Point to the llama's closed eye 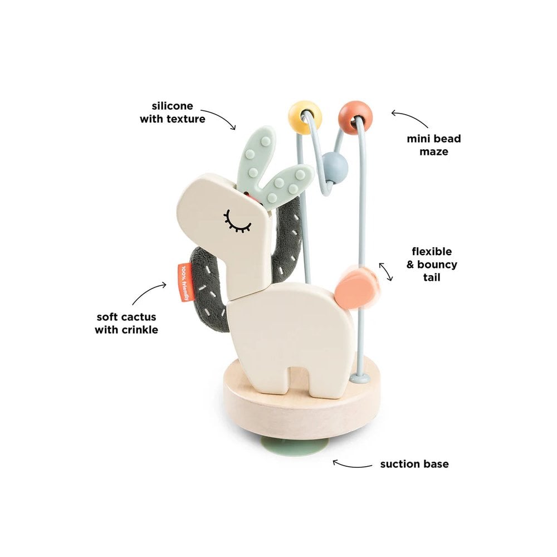pyautogui.click(x=237, y=222)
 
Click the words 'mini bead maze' pyautogui.click(x=434, y=145)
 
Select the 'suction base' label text pyautogui.click(x=414, y=464)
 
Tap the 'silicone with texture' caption pyautogui.click(x=172, y=113)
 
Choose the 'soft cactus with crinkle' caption pyautogui.click(x=126, y=323)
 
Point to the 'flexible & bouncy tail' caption pyautogui.click(x=432, y=264)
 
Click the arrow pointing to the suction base pyautogui.click(x=351, y=465)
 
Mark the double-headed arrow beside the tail pyautogui.click(x=386, y=272)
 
